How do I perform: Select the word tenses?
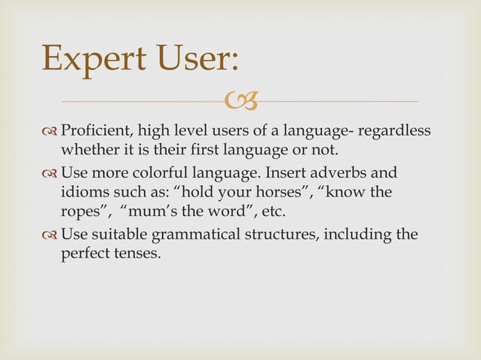point(137,254)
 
